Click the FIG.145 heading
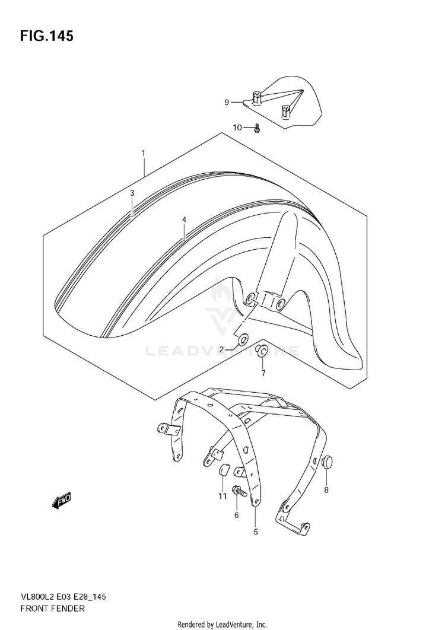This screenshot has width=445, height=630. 47,36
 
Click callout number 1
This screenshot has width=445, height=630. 143,154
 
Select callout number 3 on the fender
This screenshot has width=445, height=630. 132,193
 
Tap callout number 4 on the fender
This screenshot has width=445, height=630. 184,219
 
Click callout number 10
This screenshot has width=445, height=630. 237,128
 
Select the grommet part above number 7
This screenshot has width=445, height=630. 261,351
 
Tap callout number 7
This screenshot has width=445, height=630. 263,373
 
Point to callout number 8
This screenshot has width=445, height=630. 326,490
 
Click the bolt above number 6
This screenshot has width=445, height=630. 239,491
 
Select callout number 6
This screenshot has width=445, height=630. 236,515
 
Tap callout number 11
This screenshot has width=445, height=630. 223,497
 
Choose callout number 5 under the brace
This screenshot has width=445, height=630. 256,532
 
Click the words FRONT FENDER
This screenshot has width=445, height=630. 53,608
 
